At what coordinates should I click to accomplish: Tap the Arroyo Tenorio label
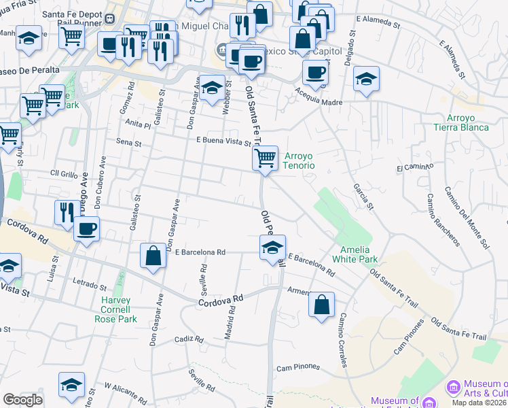pos(298,160)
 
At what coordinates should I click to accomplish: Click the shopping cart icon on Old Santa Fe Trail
pos(265,159)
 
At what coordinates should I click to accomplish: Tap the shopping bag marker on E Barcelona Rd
pos(153,256)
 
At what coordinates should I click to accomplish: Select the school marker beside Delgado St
pos(366,80)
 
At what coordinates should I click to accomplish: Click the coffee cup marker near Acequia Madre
pos(315,72)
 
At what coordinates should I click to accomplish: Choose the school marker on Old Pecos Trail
pos(272,248)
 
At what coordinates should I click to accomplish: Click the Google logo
pos(22,400)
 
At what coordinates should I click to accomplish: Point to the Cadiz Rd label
pos(189,339)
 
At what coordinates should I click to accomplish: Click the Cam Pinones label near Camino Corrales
pos(297,367)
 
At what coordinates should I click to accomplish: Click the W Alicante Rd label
pos(124,390)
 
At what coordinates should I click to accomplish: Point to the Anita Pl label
pos(137,125)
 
